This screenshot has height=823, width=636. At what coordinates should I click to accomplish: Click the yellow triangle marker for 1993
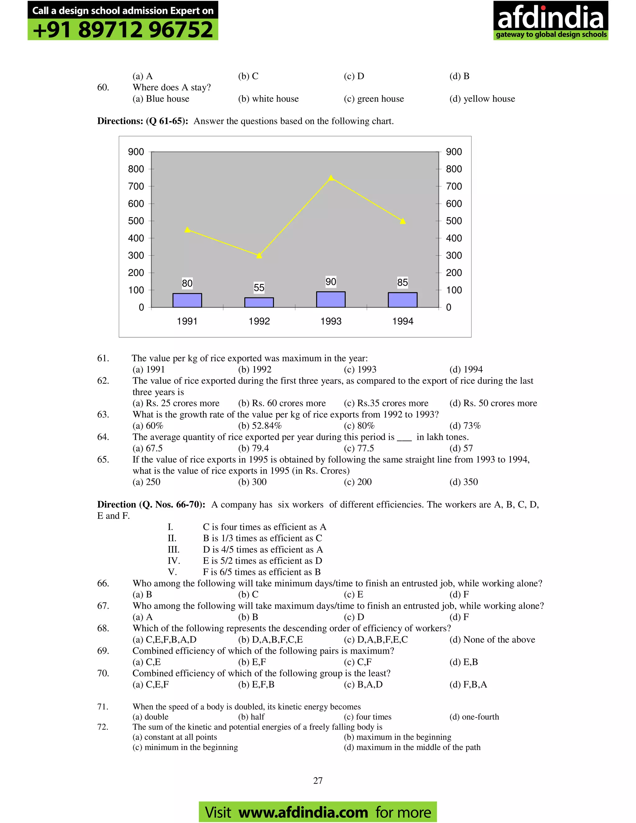pos(331,178)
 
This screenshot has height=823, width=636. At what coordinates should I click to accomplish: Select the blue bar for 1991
pos(187,300)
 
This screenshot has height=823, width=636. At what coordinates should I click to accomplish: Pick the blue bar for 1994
pos(402,300)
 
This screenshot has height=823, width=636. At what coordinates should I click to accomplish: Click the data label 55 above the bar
pos(259,288)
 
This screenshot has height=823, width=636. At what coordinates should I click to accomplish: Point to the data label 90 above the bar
pos(331,281)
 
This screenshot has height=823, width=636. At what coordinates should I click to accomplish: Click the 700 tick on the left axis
pos(136,186)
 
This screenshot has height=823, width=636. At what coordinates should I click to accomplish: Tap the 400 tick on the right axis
pos(454,238)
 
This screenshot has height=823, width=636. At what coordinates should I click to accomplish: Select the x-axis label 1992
pos(259,321)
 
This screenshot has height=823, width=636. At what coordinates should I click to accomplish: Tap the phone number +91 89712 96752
pos(123,30)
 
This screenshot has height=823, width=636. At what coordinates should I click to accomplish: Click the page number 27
pos(318,780)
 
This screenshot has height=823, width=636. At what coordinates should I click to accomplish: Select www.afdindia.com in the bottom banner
pos(303,812)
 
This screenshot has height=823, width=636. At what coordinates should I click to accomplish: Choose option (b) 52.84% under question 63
pos(260,426)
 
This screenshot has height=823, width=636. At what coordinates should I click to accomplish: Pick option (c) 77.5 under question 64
pos(359,448)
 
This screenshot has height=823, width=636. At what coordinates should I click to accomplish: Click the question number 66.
pos(103,583)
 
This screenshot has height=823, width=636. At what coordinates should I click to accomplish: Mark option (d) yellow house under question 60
pos(482,99)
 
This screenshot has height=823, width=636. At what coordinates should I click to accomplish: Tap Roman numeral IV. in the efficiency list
pos(174,561)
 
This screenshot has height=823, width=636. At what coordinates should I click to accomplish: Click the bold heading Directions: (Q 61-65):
pos(143,121)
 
